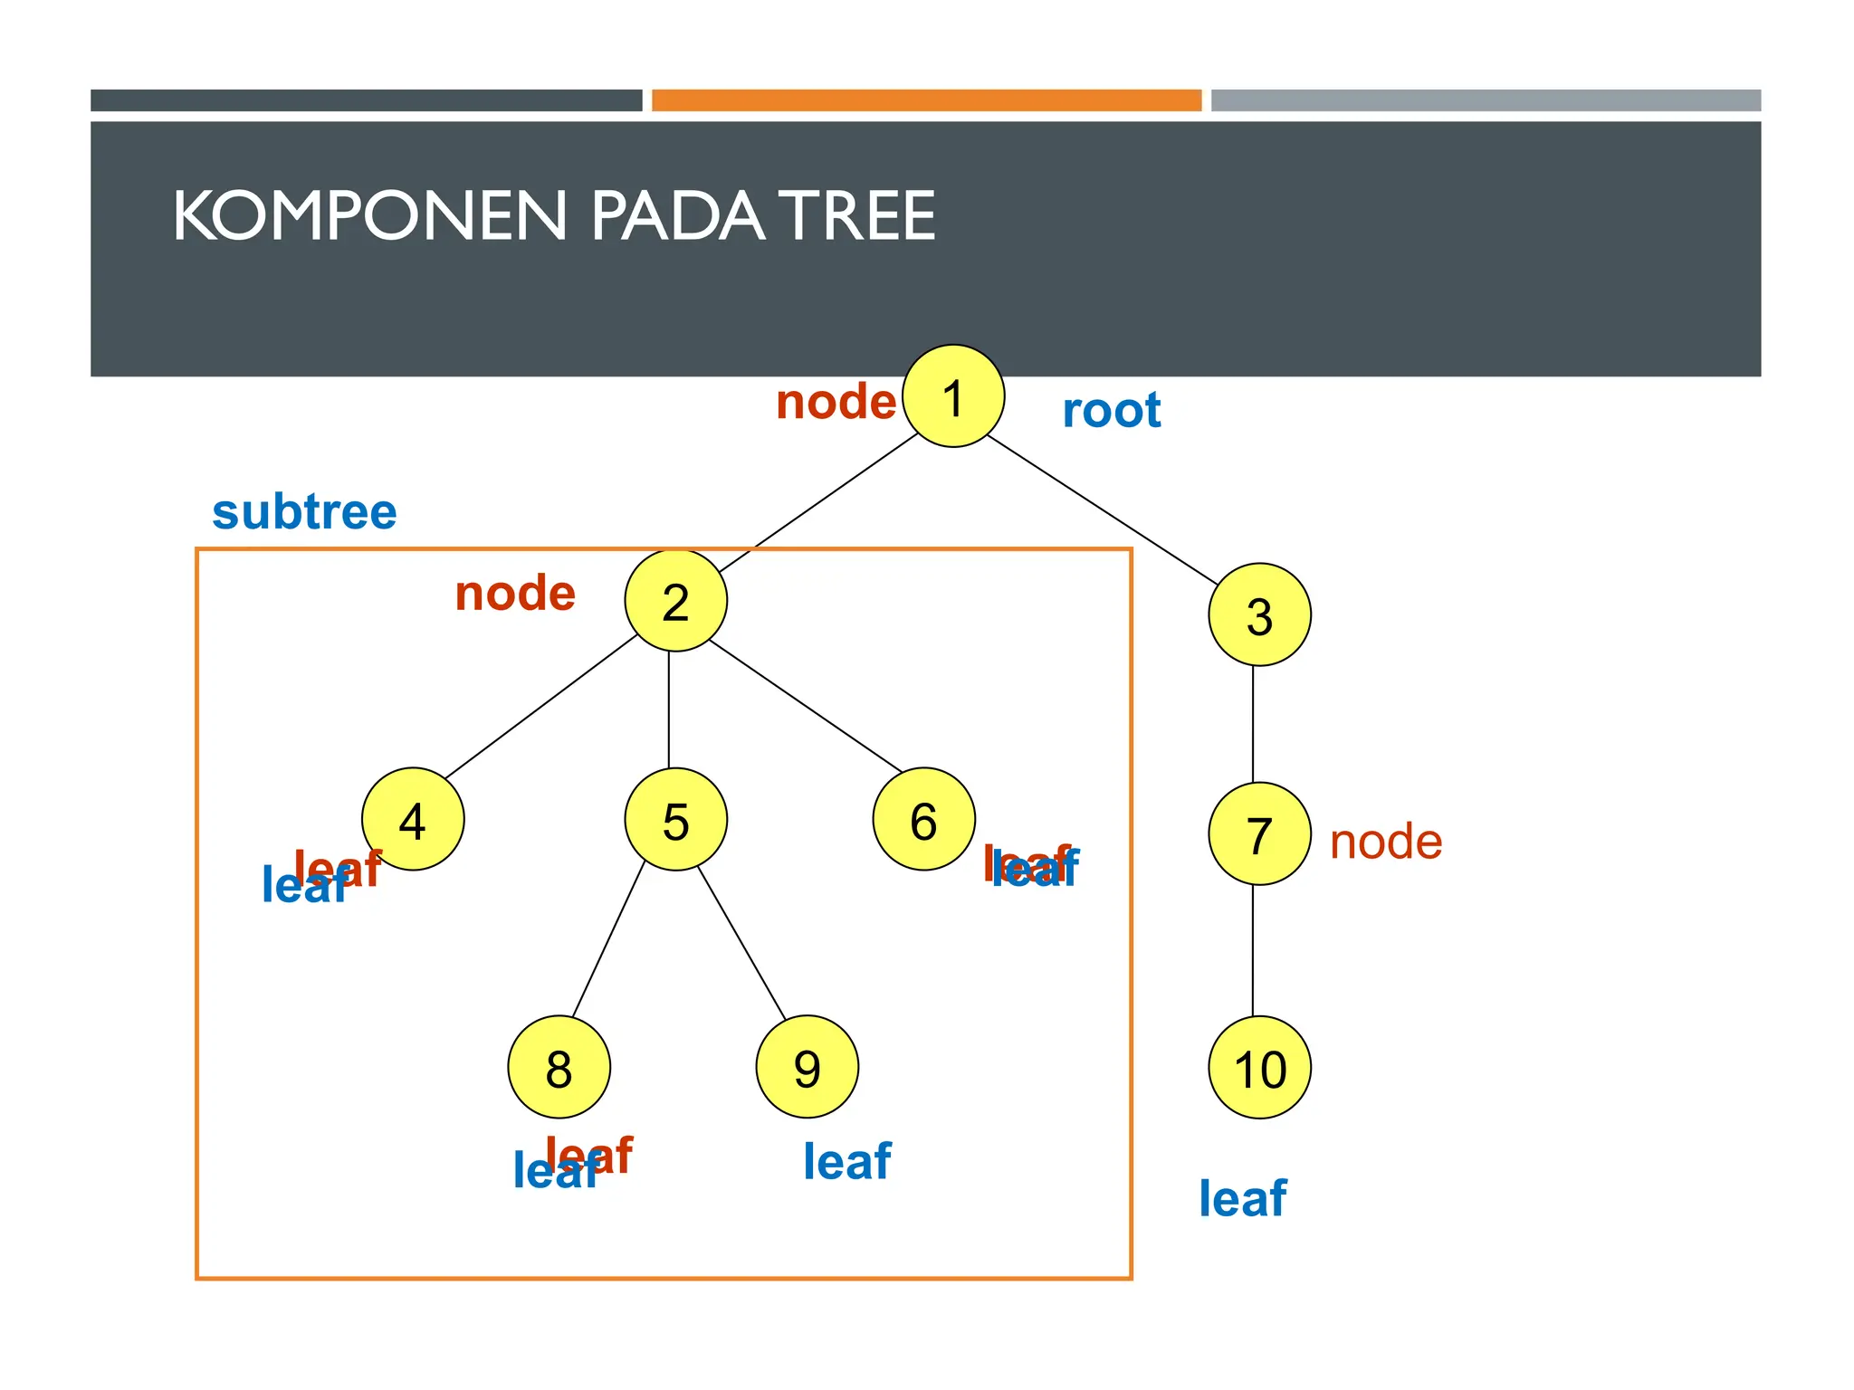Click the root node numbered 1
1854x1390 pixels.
click(953, 396)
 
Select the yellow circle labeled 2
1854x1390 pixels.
click(675, 601)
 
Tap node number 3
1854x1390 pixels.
click(1259, 615)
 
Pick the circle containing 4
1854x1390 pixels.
click(413, 820)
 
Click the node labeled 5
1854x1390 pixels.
click(675, 820)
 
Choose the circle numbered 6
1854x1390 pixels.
click(923, 820)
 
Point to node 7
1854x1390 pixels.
click(1259, 834)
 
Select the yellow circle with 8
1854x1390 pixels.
click(559, 1068)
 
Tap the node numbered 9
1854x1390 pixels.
click(807, 1068)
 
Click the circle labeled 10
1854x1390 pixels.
click(1259, 1068)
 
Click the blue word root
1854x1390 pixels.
click(1111, 411)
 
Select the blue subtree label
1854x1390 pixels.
click(304, 512)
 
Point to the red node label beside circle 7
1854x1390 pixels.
click(1385, 842)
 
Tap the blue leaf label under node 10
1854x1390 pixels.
click(1242, 1198)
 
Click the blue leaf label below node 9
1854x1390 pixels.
click(846, 1161)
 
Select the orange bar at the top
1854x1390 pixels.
click(926, 100)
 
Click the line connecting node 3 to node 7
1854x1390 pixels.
click(1253, 724)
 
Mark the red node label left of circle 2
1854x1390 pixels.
click(515, 594)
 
